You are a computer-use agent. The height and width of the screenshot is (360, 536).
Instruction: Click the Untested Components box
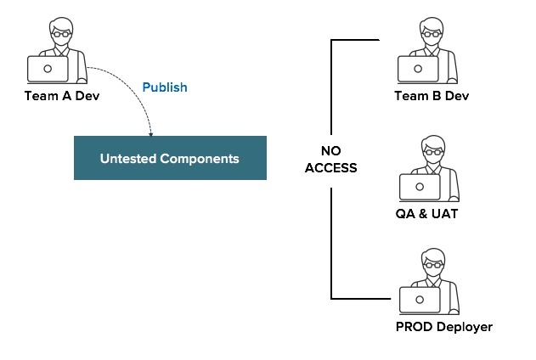(x=170, y=158)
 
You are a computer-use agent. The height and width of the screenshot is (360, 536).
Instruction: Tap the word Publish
(x=164, y=87)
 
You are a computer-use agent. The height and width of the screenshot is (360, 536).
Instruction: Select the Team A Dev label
(x=62, y=95)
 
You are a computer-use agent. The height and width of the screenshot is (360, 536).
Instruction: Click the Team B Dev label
(x=432, y=95)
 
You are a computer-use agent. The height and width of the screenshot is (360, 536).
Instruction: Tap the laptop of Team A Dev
(x=48, y=68)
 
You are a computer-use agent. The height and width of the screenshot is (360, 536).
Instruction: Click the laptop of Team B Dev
(x=419, y=69)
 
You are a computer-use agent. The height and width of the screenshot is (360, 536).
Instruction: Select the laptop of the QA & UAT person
(x=419, y=186)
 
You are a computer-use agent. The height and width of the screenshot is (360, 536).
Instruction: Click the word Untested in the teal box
(x=127, y=159)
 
